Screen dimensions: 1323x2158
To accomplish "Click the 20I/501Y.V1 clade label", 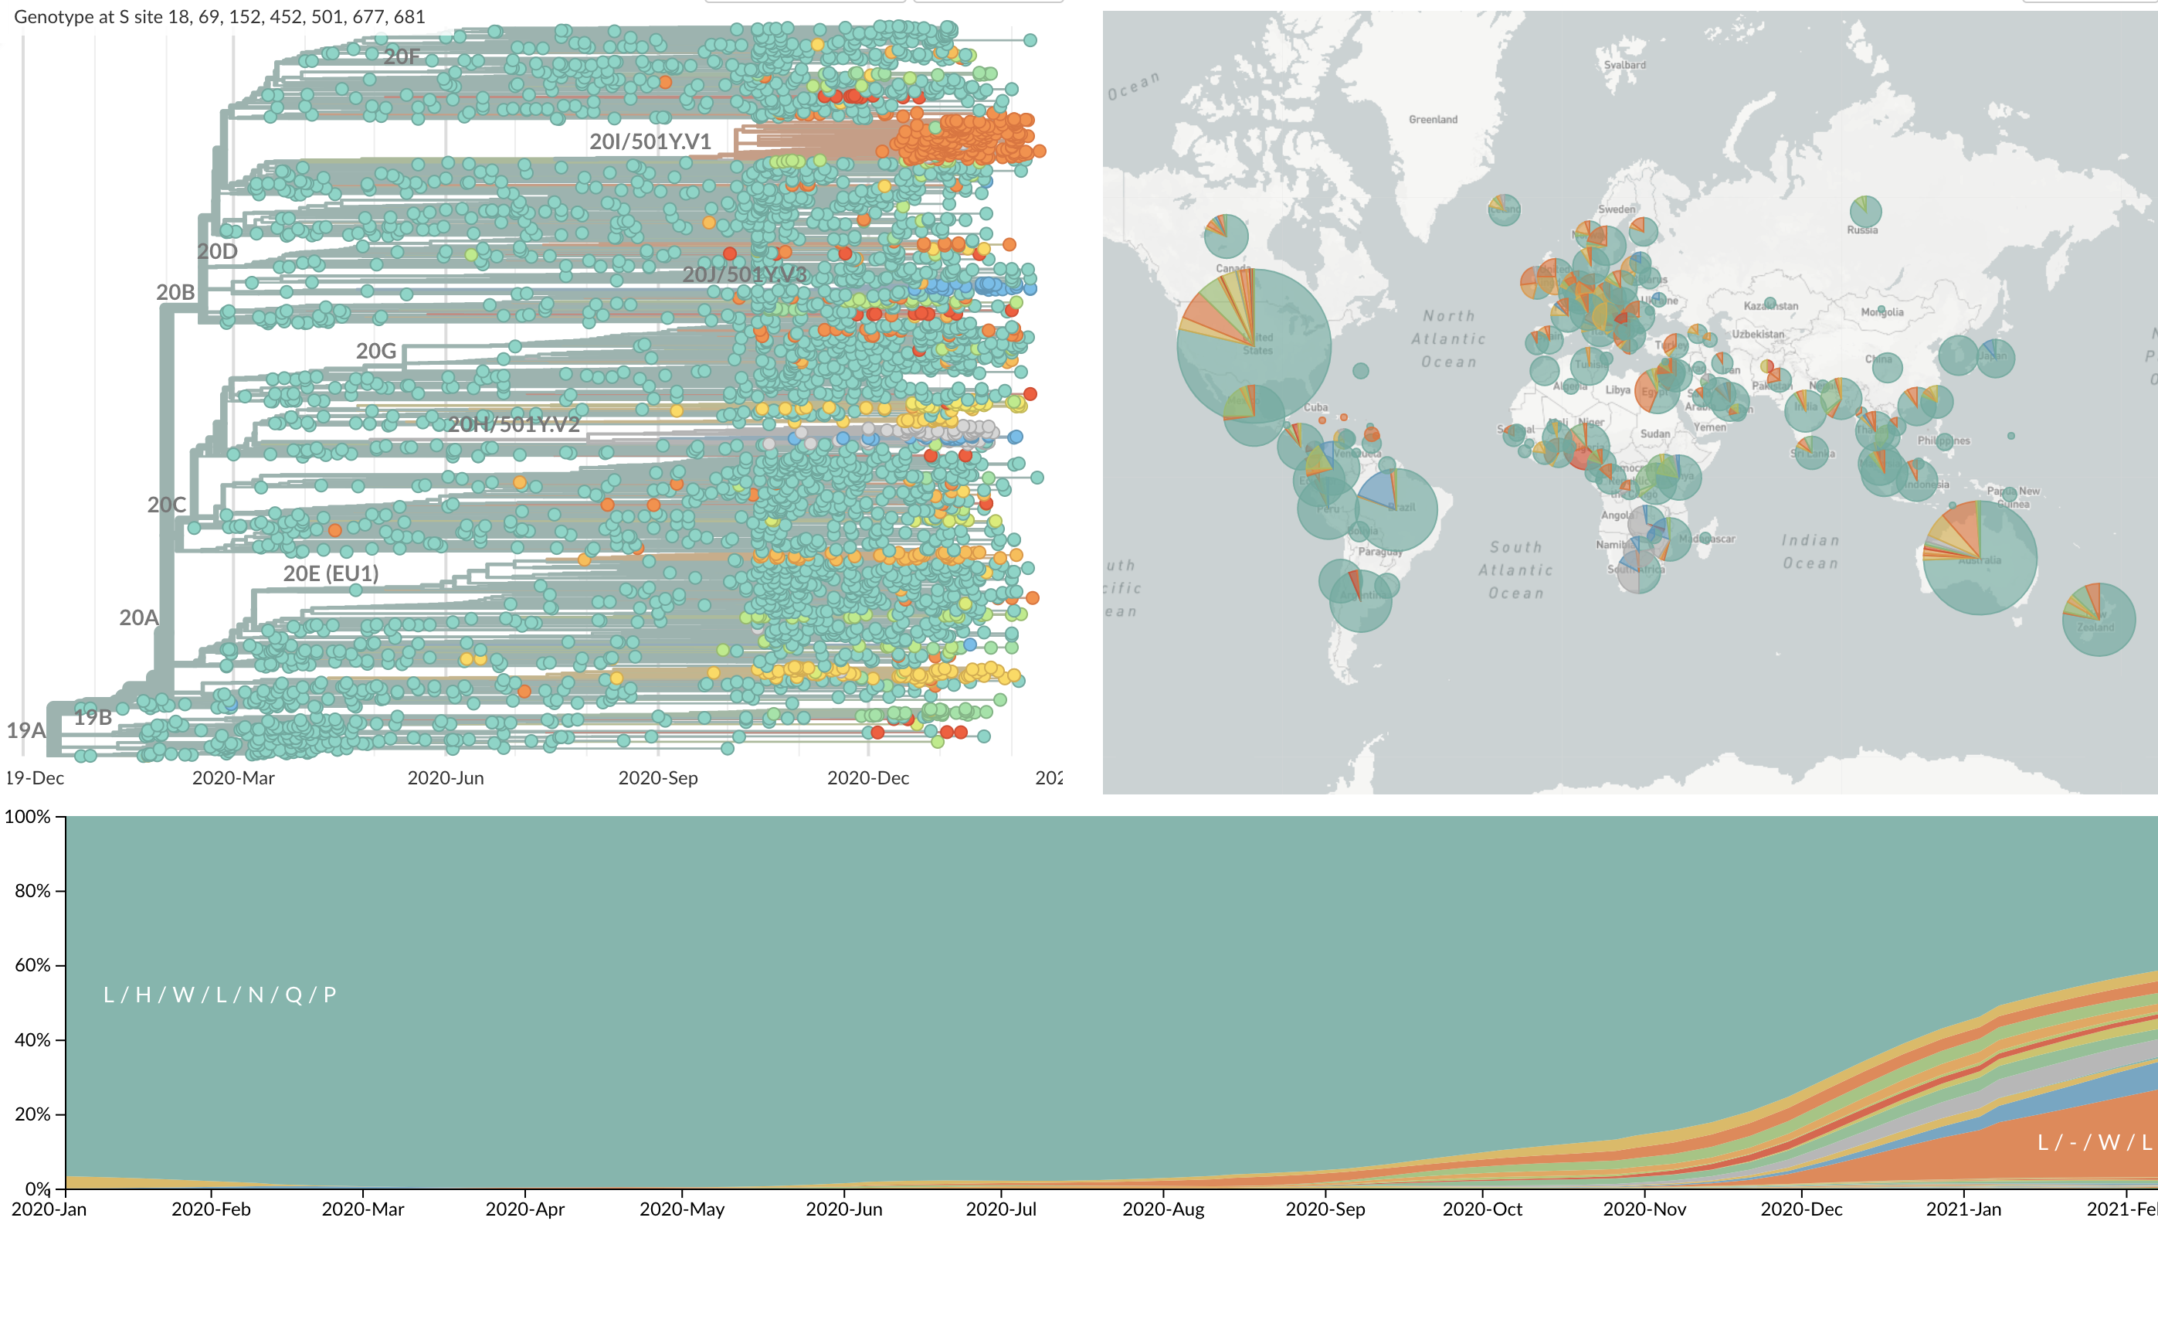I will point(650,142).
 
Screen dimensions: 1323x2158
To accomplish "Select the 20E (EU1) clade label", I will point(331,574).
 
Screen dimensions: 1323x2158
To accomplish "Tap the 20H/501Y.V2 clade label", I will point(514,425).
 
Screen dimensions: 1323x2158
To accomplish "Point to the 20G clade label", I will point(377,352).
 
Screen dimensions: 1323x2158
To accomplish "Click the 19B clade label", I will point(93,718).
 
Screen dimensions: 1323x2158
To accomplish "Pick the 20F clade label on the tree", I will point(402,57).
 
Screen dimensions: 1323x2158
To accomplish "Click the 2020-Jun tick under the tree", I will point(446,778).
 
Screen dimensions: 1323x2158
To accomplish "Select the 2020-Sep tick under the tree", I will point(658,778).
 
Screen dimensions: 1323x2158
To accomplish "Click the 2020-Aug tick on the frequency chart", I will point(1163,1209).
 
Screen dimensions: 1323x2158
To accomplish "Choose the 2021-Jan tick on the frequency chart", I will point(1963,1209).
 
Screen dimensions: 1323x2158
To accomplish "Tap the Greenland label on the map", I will point(1433,119).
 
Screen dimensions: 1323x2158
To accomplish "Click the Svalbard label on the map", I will point(1624,65).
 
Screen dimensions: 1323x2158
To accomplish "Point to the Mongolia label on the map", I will point(1882,312).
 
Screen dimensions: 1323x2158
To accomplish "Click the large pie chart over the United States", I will point(1254,345).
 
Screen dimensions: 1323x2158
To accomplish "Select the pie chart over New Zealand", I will point(2099,620).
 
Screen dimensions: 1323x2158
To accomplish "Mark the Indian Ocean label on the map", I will point(1810,552).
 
